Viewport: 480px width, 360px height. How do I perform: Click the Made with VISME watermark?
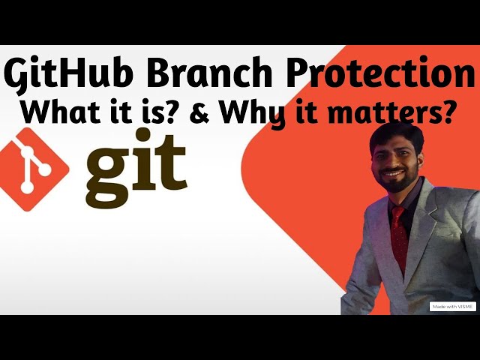452,307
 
